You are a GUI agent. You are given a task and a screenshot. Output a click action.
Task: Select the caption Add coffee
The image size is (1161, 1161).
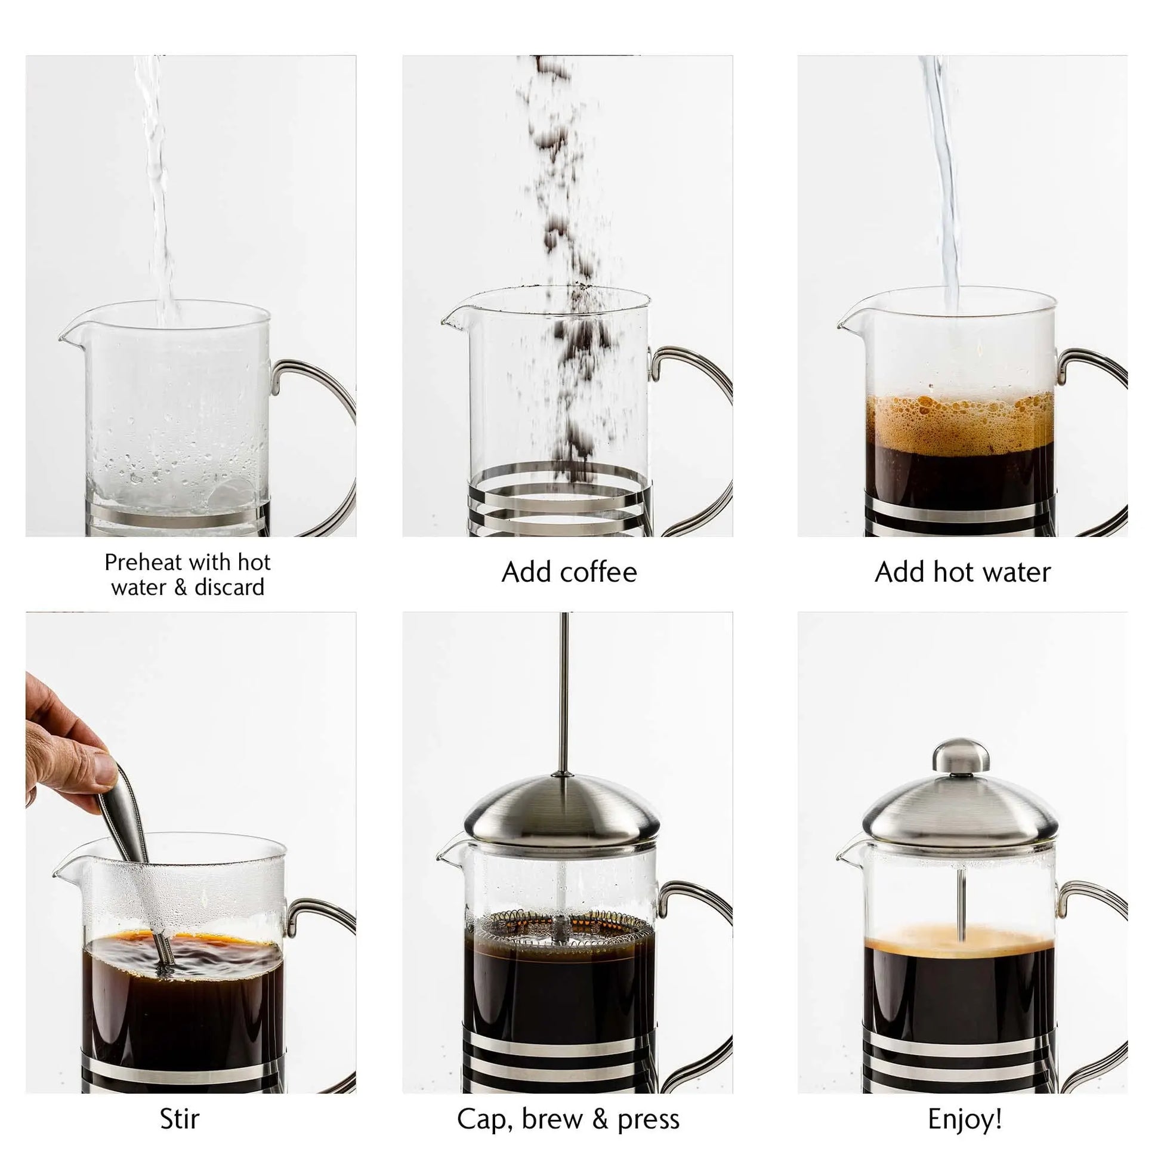pos(569,572)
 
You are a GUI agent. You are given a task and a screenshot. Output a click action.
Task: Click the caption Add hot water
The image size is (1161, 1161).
pos(962,572)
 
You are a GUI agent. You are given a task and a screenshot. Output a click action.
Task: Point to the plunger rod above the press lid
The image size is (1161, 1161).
pos(564,691)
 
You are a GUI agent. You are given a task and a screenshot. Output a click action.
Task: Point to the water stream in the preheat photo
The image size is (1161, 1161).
pos(158,180)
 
